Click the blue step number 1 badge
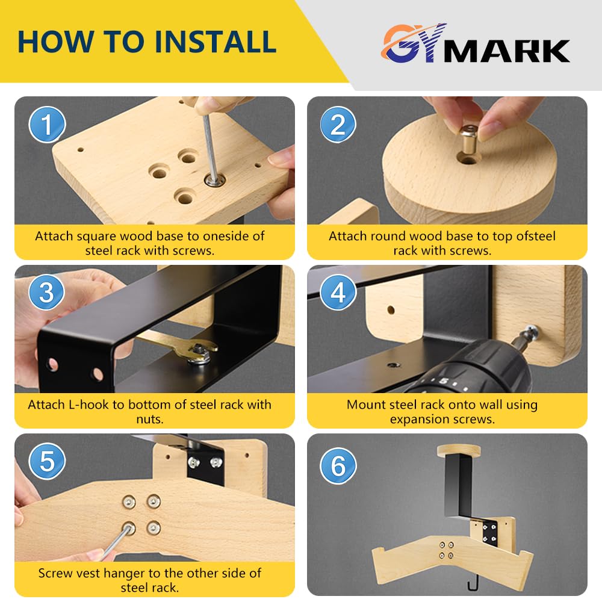(47, 125)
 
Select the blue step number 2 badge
(338, 125)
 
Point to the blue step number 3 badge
(47, 293)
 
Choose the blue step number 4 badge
(338, 293)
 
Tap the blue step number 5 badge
(47, 461)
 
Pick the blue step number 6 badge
(338, 466)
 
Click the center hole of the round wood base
(467, 158)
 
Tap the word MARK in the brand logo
(507, 51)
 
